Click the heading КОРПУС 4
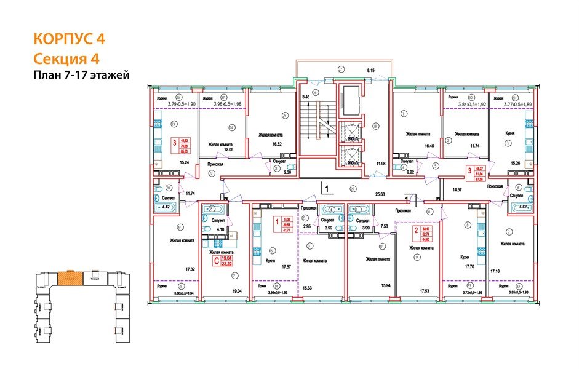[x=69, y=39]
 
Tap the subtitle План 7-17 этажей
[x=81, y=75]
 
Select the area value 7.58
[x=384, y=226]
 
